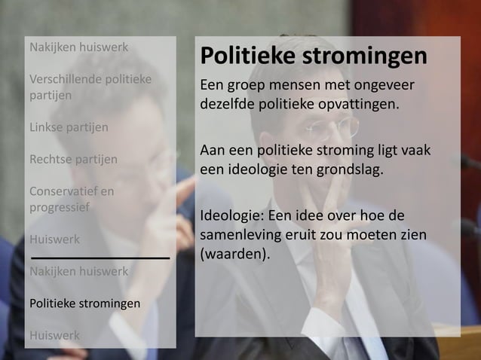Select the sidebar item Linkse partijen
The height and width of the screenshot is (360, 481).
coord(68,127)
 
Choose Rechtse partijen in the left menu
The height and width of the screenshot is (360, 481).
coord(72,159)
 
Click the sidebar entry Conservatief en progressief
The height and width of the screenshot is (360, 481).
coord(72,199)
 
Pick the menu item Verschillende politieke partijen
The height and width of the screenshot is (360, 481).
coord(90,87)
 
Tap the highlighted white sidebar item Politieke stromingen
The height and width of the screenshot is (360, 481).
coord(84,304)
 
